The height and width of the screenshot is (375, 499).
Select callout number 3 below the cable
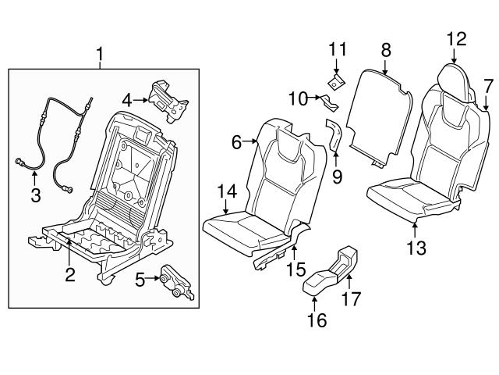click(x=36, y=195)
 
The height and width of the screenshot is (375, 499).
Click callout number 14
click(x=225, y=191)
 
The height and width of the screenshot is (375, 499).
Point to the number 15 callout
click(x=294, y=270)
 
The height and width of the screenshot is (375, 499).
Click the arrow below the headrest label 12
click(x=455, y=55)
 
